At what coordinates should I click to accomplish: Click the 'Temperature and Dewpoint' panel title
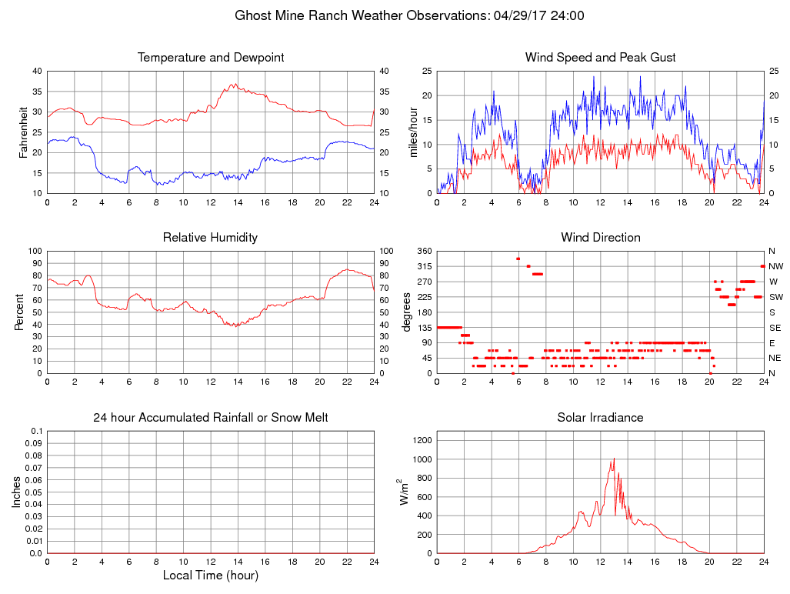click(x=211, y=58)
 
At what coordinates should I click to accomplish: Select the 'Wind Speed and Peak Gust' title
click(x=600, y=58)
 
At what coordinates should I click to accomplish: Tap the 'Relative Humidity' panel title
click(x=211, y=238)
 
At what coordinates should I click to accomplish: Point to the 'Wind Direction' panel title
click(x=600, y=238)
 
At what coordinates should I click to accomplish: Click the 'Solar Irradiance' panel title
click(x=600, y=418)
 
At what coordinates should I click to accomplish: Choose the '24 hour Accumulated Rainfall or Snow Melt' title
click(x=211, y=418)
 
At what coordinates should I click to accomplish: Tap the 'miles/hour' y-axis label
click(x=414, y=132)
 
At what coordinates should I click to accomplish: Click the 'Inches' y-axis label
click(x=17, y=492)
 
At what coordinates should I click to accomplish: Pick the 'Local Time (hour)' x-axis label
click(x=211, y=576)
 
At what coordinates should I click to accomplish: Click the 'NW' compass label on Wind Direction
click(x=775, y=266)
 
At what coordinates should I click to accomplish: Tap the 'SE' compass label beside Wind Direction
click(x=774, y=328)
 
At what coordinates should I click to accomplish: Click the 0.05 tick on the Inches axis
click(x=34, y=492)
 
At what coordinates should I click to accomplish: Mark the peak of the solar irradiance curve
click(x=614, y=459)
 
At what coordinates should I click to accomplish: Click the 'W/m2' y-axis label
click(x=402, y=492)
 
